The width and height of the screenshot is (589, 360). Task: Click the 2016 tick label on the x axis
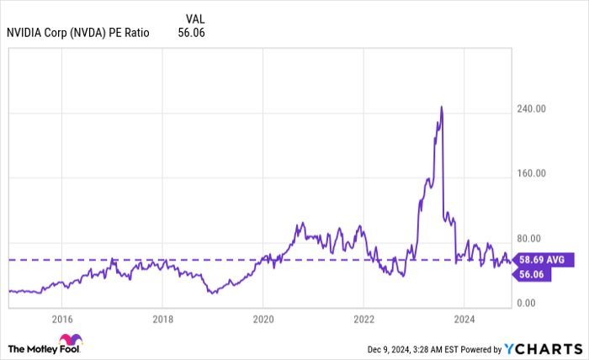[61, 319]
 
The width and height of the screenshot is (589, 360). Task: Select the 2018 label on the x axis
[162, 319]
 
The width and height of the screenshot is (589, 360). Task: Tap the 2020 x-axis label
[263, 319]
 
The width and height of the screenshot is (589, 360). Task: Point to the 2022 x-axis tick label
[364, 319]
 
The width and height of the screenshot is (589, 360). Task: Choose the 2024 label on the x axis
[465, 319]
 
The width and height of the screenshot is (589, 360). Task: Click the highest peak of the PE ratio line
[442, 107]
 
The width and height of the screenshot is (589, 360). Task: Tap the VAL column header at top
[194, 18]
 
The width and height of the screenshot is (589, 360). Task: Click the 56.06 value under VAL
[191, 33]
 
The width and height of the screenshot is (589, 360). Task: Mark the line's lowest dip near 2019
[214, 293]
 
